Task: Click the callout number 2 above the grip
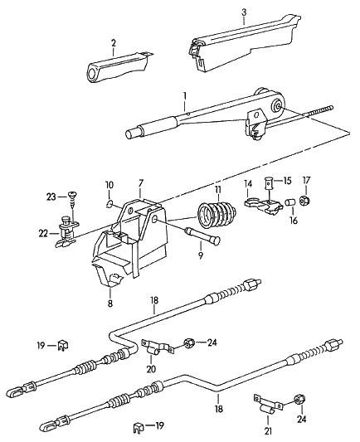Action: (114, 43)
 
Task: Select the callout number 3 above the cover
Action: (244, 12)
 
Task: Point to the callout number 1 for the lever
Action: (185, 96)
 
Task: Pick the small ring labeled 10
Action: (110, 203)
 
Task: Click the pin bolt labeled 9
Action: (202, 236)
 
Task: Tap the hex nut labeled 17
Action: (305, 201)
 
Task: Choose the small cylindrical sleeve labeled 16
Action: (290, 202)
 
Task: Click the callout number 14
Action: (248, 184)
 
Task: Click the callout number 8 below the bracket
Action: (110, 304)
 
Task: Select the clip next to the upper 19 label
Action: (63, 345)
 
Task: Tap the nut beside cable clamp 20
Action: (188, 342)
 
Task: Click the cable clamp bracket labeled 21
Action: (269, 404)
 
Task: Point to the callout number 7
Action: (141, 183)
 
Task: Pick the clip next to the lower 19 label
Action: (139, 427)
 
